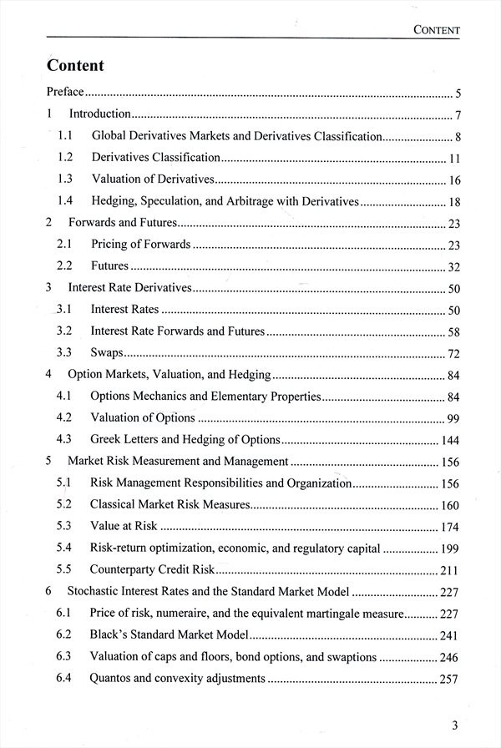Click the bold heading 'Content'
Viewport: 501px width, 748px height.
(x=76, y=65)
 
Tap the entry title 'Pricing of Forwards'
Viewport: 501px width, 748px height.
(x=141, y=244)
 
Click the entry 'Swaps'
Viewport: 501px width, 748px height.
(x=108, y=352)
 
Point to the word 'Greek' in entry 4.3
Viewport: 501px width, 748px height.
(x=106, y=439)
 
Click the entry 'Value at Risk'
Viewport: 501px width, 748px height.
(x=124, y=526)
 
